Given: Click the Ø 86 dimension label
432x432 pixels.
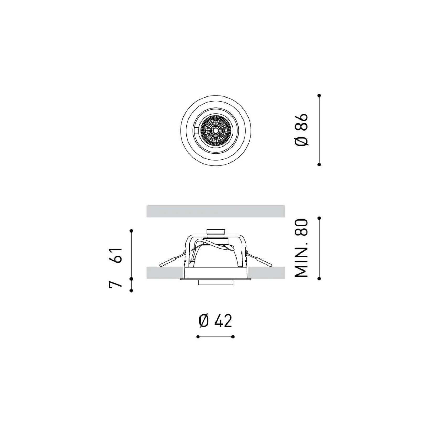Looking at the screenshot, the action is [301, 129].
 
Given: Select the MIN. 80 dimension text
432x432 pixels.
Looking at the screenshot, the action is [301, 248].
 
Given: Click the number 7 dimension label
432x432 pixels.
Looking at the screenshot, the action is [115, 284].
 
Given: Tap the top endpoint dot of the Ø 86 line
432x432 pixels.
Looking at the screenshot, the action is [319, 96].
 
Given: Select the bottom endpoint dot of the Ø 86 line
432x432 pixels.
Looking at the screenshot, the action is [319, 164].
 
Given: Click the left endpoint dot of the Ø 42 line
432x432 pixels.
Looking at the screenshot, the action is [198, 337].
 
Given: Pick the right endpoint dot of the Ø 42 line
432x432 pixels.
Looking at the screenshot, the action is [233, 337].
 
